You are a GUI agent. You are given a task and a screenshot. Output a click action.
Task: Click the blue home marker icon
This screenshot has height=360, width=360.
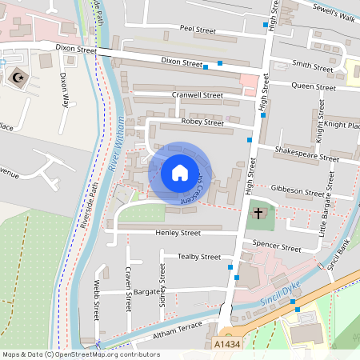click(x=180, y=173)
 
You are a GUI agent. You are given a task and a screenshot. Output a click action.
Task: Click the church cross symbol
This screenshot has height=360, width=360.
click(x=258, y=214)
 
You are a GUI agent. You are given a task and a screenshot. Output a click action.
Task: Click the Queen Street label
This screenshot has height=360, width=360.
click(x=313, y=87)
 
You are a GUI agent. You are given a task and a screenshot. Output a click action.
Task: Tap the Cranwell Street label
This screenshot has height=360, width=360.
click(x=198, y=94)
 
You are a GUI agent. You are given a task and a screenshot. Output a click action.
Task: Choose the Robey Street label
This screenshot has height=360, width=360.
click(x=203, y=122)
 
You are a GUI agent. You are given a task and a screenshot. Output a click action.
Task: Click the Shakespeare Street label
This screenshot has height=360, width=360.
click(x=306, y=154)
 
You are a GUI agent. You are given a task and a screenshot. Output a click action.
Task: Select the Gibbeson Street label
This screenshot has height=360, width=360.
click(x=298, y=190)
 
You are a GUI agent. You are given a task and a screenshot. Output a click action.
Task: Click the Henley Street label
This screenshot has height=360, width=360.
click(x=178, y=233)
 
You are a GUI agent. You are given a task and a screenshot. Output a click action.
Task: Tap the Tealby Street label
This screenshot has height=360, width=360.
click(x=198, y=257)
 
